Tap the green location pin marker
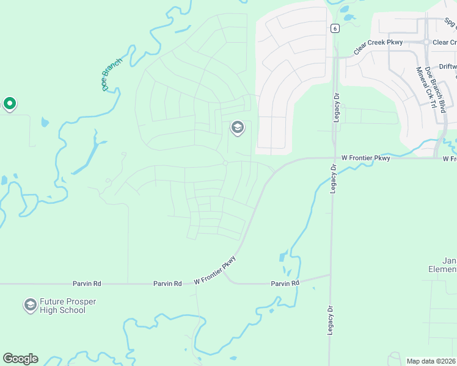coord(9,104)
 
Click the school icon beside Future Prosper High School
coord(30,305)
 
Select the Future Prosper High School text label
coord(68,306)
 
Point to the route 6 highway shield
coord(335,28)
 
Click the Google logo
coord(20,359)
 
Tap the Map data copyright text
coord(431,361)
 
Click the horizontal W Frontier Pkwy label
coord(365,158)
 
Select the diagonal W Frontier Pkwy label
coord(214,270)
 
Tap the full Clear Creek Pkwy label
coord(378,42)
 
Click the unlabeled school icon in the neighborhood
coord(237,128)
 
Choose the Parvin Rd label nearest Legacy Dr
coord(286,284)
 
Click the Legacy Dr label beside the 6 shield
coord(336,107)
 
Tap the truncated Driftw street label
coord(448,66)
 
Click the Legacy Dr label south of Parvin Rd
coord(330,320)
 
